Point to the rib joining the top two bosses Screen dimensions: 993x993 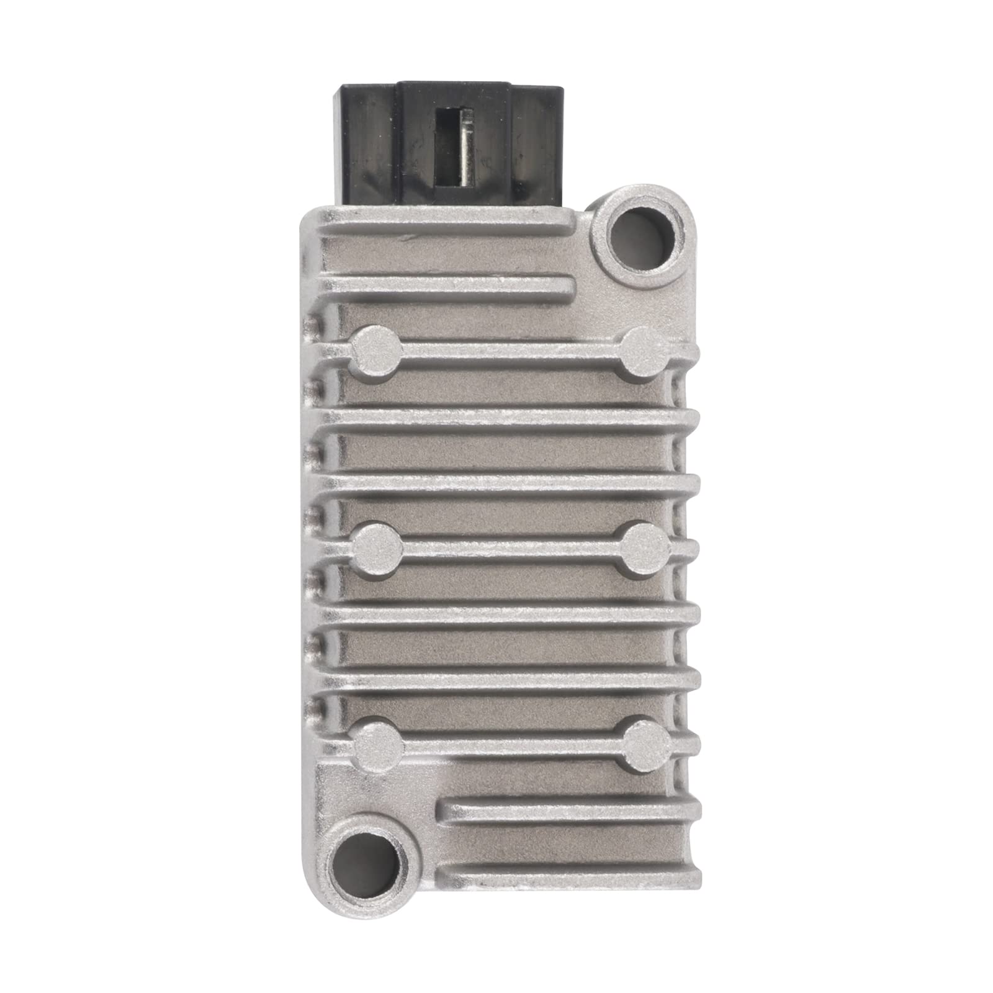509,353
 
